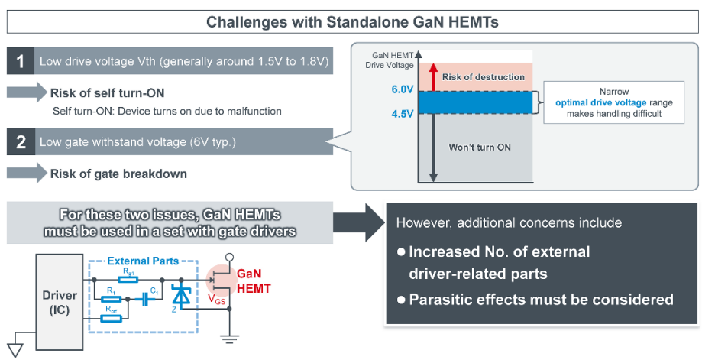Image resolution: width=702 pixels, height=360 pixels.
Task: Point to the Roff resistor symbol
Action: coord(112,318)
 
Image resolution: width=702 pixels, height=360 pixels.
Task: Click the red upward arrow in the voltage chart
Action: coord(434,77)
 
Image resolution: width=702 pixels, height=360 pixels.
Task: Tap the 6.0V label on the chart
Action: coord(401,89)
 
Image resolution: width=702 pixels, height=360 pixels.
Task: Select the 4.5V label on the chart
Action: coord(401,116)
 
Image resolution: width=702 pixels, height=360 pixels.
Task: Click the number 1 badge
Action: coord(20,62)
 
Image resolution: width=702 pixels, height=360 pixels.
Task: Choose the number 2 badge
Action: coord(20,142)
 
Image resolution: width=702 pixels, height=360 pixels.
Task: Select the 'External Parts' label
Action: coord(137,261)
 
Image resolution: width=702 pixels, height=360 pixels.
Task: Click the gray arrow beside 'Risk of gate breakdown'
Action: coord(26,173)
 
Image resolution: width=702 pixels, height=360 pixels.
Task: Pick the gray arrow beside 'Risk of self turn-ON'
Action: coord(26,93)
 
